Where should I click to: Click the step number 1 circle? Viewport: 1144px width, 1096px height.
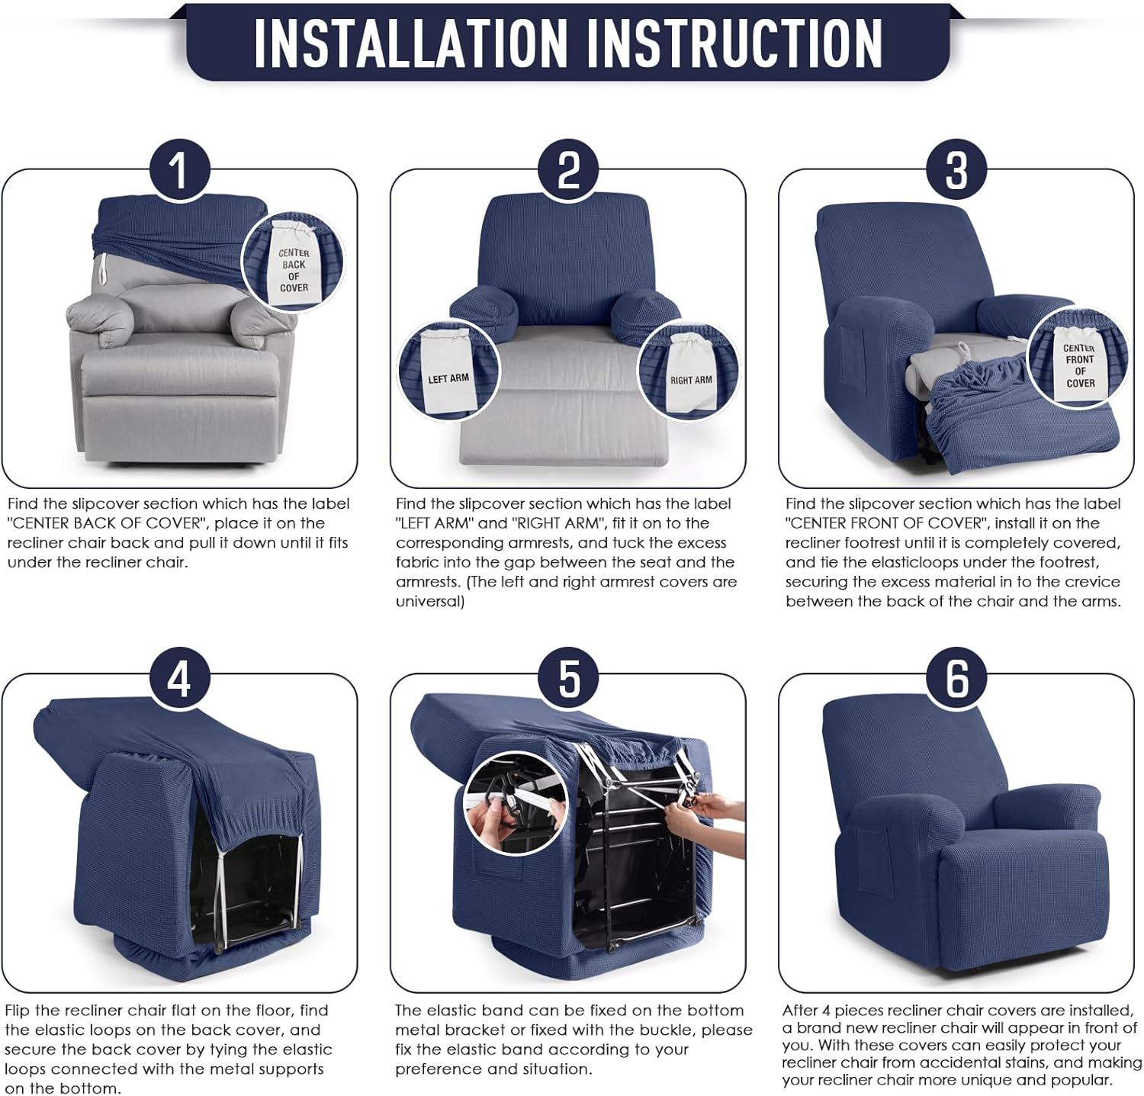tap(178, 169)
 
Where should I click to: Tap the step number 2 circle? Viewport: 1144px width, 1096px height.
tap(568, 169)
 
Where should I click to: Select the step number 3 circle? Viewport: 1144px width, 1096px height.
tap(956, 169)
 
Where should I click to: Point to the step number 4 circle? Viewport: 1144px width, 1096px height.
tap(178, 677)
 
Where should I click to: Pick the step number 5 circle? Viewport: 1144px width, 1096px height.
tap(568, 677)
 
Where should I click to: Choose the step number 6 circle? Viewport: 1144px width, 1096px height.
tap(956, 677)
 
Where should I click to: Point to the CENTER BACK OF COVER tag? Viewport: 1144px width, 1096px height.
tap(293, 263)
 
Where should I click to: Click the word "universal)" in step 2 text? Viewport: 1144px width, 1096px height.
tap(429, 601)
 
